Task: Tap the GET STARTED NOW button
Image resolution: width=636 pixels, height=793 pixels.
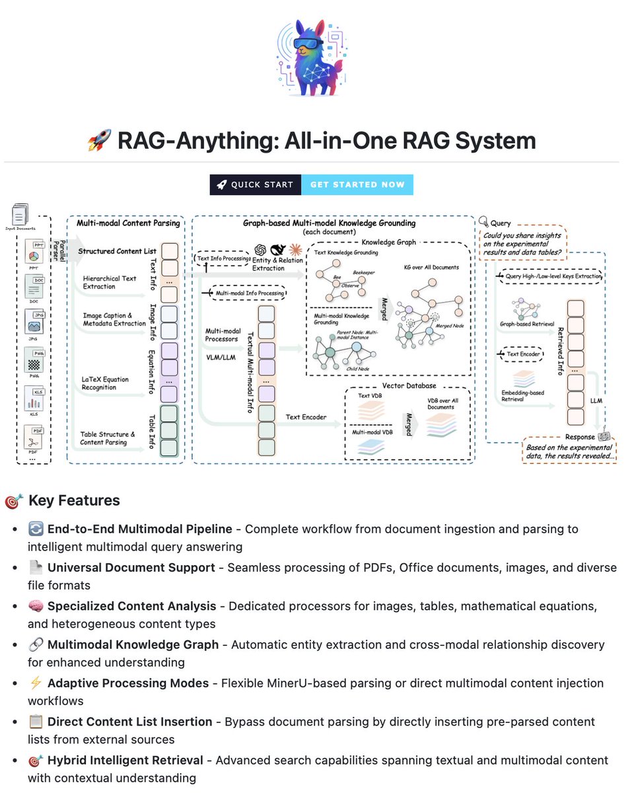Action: (x=357, y=184)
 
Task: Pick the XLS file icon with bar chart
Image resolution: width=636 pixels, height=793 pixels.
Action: (x=34, y=397)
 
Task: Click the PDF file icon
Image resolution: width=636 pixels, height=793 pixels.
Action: (x=34, y=437)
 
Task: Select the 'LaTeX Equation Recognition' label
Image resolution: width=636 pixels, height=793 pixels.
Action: (x=106, y=383)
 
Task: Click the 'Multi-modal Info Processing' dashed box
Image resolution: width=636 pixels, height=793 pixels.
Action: (x=246, y=292)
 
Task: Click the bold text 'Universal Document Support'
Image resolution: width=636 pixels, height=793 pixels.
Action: (x=131, y=567)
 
